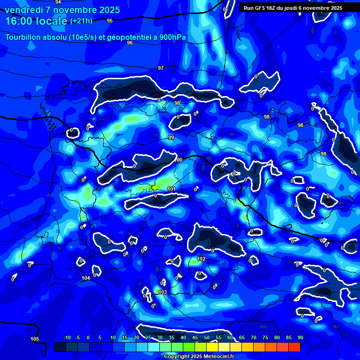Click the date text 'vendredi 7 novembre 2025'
(x=62, y=10)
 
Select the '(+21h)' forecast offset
(x=81, y=21)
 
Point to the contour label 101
(x=171, y=189)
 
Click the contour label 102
(x=201, y=259)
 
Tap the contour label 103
(x=163, y=292)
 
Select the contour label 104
(x=86, y=278)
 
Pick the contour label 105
(x=35, y=339)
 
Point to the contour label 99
(x=171, y=137)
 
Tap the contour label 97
(x=161, y=68)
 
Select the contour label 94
(x=58, y=2)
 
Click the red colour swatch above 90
(x=294, y=347)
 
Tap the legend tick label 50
(x=206, y=337)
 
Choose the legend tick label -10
(x=67, y=337)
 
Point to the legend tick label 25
(x=148, y=337)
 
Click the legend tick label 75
(x=265, y=337)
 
